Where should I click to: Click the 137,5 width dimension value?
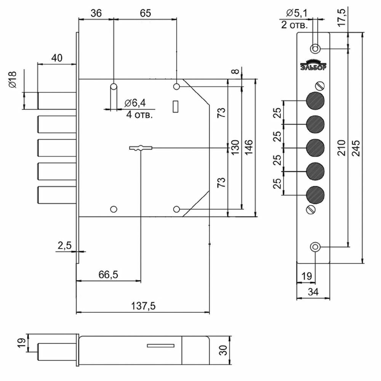coord(143,306)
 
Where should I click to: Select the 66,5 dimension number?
coord(108,275)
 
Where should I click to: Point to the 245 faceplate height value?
coord(356,148)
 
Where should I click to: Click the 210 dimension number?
coord(342,148)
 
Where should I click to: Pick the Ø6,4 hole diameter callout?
coord(135,103)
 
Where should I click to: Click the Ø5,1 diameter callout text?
coord(297,13)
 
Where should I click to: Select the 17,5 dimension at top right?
coord(343,17)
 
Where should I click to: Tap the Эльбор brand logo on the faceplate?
coord(314,65)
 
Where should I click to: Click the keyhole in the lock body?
coord(141,148)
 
